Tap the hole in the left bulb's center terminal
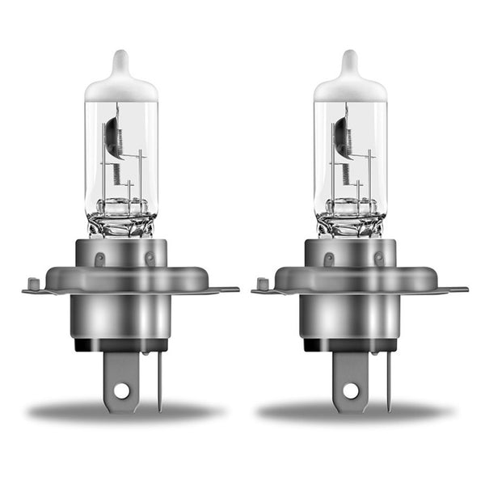point(121,390)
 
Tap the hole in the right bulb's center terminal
point(350,390)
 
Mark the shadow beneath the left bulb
point(121,412)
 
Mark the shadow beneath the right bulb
point(352,412)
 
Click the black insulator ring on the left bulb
point(121,345)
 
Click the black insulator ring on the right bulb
point(350,345)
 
